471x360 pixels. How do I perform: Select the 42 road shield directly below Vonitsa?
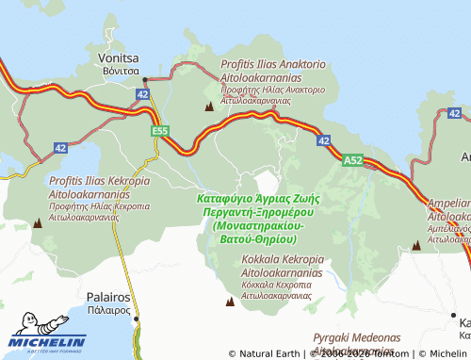[142, 95]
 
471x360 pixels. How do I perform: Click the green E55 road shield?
[160, 131]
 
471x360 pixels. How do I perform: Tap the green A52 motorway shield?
[352, 160]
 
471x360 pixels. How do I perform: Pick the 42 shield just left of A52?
[323, 140]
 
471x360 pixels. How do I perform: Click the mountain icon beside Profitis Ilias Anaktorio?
[208, 106]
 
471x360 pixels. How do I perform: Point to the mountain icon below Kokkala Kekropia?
[229, 302]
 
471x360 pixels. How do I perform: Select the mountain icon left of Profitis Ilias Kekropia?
[38, 223]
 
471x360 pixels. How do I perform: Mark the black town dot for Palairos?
[137, 319]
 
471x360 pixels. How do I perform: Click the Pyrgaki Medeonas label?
[357, 336]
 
